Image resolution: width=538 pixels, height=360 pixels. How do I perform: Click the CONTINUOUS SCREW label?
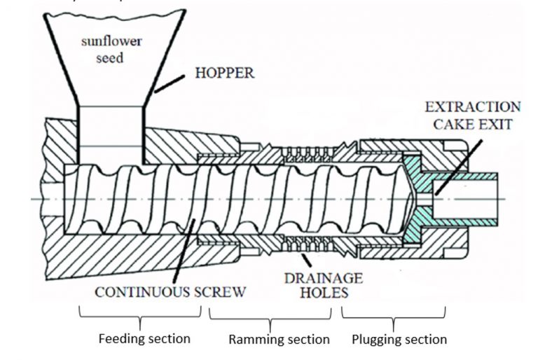pyautogui.click(x=170, y=291)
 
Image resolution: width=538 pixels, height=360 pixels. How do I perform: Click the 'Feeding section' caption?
pyautogui.click(x=144, y=339)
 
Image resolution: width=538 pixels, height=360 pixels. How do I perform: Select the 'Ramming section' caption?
pyautogui.click(x=279, y=340)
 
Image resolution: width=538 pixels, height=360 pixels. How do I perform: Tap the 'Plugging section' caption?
pyautogui.click(x=399, y=340)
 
